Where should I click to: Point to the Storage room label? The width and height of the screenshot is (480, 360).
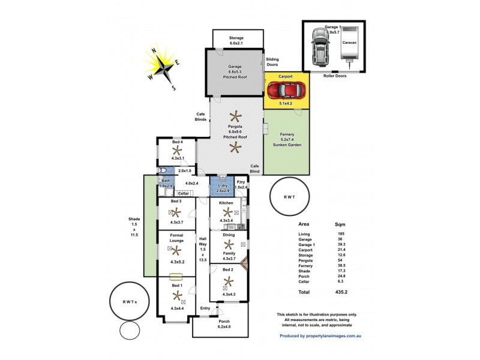pyautogui.click(x=236, y=40)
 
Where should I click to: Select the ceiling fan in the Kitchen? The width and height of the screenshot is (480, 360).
pyautogui.click(x=227, y=212)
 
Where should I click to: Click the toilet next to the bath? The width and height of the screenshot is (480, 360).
pyautogui.click(x=163, y=170)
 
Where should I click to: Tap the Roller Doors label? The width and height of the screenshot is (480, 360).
pyautogui.click(x=335, y=76)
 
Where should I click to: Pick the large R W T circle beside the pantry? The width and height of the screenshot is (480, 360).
pyautogui.click(x=289, y=197)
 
